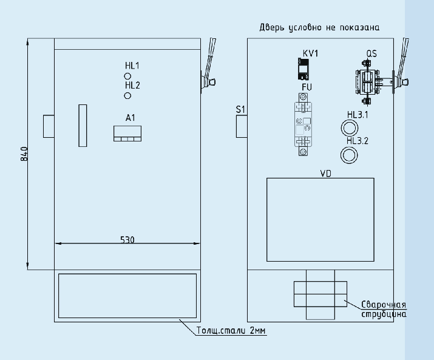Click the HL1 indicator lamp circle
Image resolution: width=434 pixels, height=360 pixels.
tap(127, 76)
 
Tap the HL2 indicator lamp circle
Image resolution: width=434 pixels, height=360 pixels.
tap(127, 96)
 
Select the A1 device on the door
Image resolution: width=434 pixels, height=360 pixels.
tap(127, 134)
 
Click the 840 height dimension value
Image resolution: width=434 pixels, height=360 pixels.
tap(24, 154)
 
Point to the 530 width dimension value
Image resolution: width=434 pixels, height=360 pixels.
tap(127, 240)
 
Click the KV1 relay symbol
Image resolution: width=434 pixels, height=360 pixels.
tap(303, 69)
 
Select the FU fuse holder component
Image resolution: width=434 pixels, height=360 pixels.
tap(303, 124)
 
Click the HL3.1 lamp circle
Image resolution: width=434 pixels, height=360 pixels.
tap(349, 129)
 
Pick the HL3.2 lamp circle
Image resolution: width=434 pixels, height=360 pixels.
tap(349, 155)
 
